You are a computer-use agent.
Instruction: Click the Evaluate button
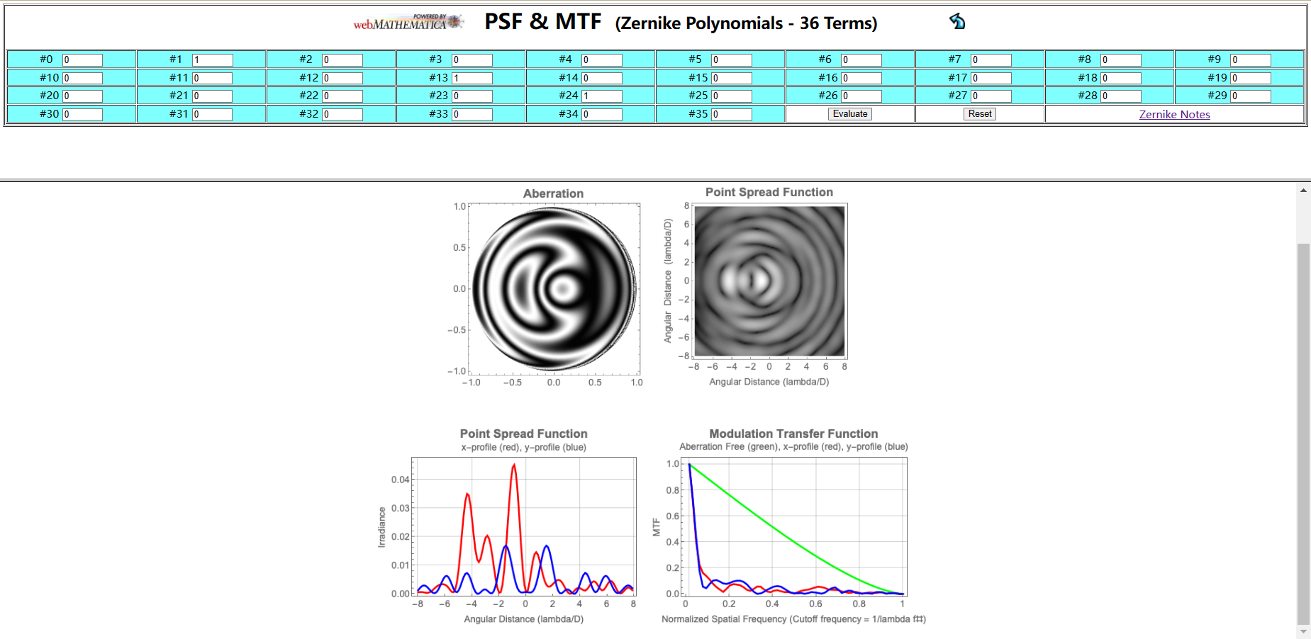click(x=849, y=114)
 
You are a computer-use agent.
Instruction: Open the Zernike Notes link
click(x=1174, y=115)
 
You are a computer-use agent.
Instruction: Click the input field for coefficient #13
click(x=472, y=78)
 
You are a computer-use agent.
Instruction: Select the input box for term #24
click(x=601, y=96)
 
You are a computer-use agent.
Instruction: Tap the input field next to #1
click(x=212, y=60)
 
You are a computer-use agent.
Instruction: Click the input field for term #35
click(x=731, y=114)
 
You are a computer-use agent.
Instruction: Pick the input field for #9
click(x=1250, y=60)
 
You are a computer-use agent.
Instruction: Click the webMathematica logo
click(x=408, y=23)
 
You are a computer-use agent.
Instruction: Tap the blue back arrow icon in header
click(x=957, y=21)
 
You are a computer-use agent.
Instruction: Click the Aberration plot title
click(x=553, y=193)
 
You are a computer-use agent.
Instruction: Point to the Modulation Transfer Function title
click(x=793, y=434)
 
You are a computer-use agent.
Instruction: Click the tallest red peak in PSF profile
click(x=514, y=465)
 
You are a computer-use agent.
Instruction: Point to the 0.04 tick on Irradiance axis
click(x=400, y=480)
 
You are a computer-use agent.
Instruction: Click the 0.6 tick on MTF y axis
click(x=672, y=516)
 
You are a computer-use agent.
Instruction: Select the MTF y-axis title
click(x=656, y=527)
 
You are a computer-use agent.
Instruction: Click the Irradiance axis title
click(x=381, y=527)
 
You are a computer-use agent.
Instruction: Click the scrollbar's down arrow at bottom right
click(x=1303, y=632)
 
